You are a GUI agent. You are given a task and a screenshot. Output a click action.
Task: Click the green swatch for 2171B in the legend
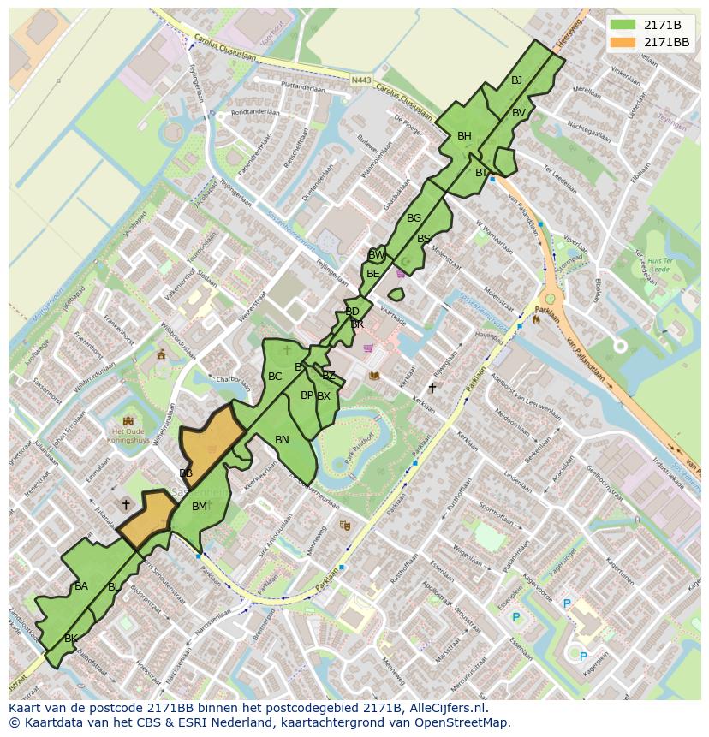[623, 24]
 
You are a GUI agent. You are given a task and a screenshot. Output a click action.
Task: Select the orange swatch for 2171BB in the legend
[623, 41]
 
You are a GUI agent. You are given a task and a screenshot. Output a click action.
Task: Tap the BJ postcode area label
[516, 80]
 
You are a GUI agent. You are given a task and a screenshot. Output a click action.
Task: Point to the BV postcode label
[519, 113]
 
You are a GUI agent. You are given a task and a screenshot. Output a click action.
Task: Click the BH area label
[464, 136]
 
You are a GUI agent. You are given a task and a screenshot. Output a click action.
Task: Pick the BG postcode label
[414, 218]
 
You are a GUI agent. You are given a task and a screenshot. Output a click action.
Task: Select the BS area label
[424, 239]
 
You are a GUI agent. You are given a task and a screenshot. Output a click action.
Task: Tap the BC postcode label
[275, 377]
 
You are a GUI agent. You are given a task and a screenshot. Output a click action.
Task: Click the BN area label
[282, 439]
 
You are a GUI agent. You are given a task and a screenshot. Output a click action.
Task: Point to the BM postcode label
[199, 507]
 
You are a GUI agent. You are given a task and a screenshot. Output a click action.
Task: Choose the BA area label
[81, 586]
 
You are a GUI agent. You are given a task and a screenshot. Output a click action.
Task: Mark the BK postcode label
[71, 639]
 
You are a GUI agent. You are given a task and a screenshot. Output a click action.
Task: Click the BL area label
[114, 587]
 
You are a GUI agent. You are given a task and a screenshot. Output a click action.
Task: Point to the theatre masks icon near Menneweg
[345, 525]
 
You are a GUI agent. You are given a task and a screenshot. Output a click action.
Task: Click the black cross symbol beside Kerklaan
[432, 388]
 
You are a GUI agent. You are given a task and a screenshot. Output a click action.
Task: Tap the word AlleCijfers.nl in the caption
[445, 708]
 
